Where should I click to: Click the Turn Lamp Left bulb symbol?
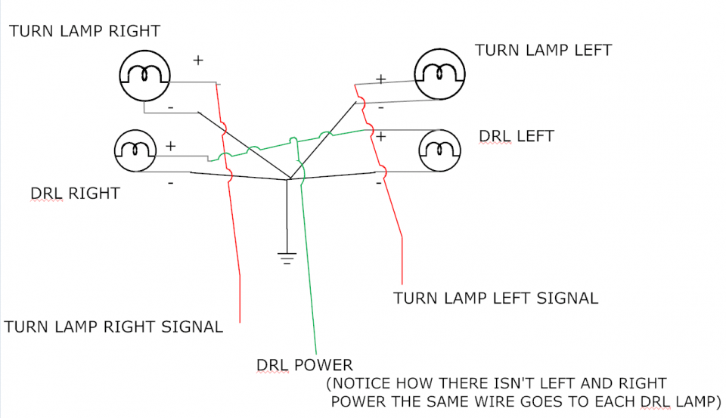(x=441, y=73)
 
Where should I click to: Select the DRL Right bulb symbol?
(x=135, y=150)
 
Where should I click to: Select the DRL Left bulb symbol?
(x=441, y=150)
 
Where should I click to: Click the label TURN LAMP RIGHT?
(x=85, y=31)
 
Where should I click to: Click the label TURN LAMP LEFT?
(x=543, y=51)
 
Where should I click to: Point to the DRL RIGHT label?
(x=75, y=194)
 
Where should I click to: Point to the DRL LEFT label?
(x=517, y=137)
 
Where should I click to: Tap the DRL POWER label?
(x=305, y=366)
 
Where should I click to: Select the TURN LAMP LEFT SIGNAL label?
(x=495, y=298)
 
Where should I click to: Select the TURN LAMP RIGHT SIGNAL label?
(x=113, y=327)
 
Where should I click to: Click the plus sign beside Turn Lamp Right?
(x=198, y=60)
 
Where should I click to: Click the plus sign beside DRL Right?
(x=171, y=146)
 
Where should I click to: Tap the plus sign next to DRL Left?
(x=381, y=137)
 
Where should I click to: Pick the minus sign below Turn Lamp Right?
(x=171, y=108)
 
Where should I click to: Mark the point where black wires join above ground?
(x=287, y=180)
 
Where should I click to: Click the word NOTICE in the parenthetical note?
(x=362, y=384)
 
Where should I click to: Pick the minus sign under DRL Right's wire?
(x=171, y=183)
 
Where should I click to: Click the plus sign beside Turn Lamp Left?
(x=381, y=79)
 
